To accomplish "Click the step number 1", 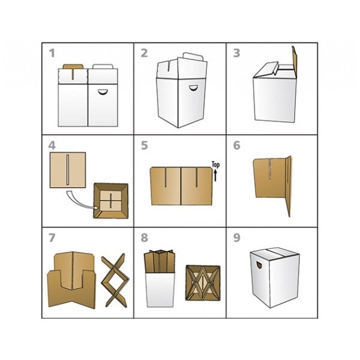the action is point(52,53).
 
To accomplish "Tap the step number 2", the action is point(144,53).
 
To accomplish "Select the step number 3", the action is point(237,53).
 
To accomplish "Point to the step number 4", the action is point(52,145).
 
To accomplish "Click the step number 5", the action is point(145,145).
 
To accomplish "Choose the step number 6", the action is point(237,145).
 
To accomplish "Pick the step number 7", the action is point(52,238).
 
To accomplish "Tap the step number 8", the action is point(144,238).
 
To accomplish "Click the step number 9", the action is point(237,238).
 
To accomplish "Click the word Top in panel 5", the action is point(215,165).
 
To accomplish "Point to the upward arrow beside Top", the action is point(215,175).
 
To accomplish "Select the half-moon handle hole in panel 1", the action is point(102,91).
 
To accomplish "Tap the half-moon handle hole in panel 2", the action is point(194,88).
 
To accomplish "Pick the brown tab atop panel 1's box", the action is point(73,67).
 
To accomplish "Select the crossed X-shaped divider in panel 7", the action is point(115,280).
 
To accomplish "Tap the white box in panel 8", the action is point(160,289).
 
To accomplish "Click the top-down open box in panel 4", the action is point(111,200).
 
